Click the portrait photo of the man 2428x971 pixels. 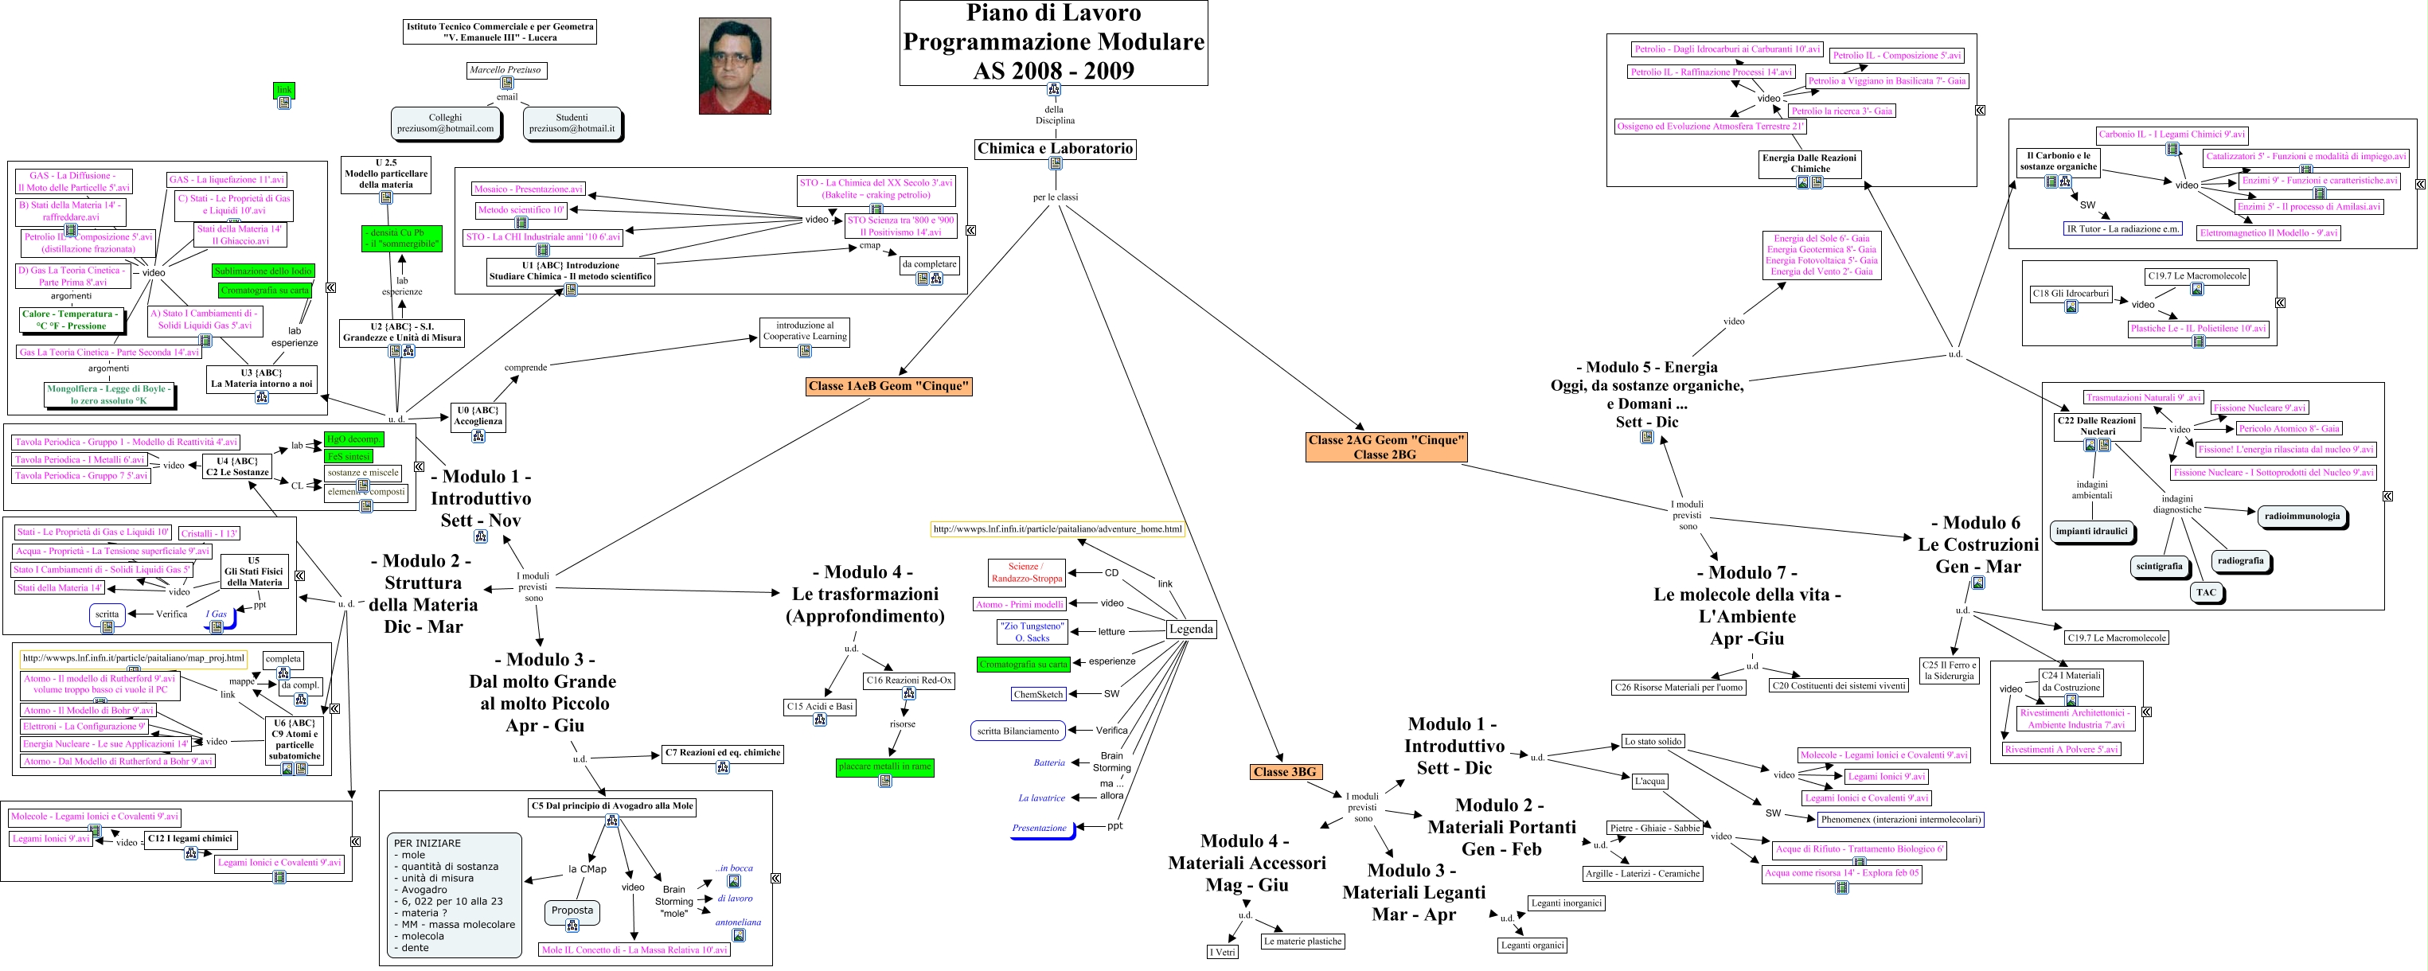734,66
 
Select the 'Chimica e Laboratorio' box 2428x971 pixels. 1055,149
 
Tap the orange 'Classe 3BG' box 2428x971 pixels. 1284,772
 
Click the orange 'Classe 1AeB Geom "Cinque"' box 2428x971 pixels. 888,385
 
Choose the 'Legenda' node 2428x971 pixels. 1190,629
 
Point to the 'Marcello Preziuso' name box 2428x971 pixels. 506,70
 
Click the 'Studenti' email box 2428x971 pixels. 572,123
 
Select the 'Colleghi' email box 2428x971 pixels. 445,123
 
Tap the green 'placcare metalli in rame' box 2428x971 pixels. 884,766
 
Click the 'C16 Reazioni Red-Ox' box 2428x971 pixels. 908,680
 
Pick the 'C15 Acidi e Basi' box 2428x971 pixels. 819,706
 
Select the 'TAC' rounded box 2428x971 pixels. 2206,593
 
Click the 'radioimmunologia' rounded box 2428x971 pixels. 2301,517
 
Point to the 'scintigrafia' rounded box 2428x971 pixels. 2158,567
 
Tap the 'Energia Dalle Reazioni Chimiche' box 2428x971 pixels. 1809,163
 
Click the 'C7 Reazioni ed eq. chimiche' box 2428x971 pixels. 722,753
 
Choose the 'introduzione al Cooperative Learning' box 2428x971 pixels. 804,331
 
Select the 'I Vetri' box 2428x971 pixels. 1223,952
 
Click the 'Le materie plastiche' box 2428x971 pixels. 1302,941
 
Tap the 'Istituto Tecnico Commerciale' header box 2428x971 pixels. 500,32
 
